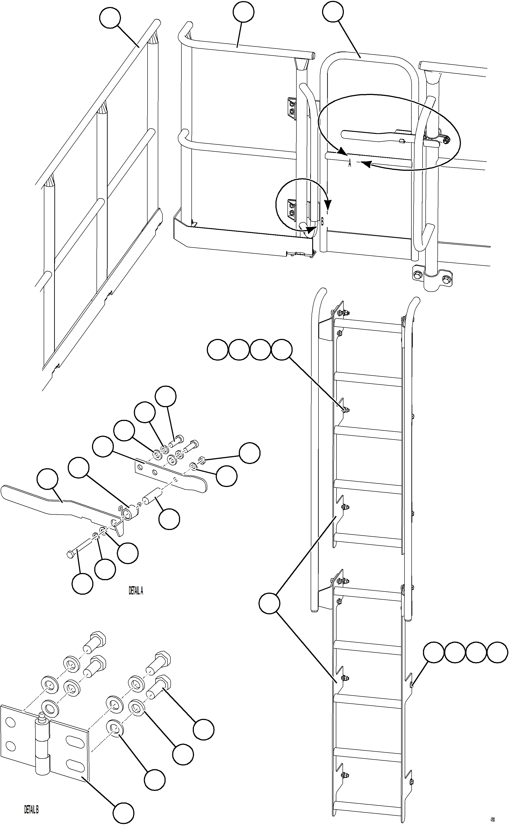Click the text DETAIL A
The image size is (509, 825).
point(136,591)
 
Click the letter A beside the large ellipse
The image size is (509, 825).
point(349,164)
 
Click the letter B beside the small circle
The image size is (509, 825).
point(322,222)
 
